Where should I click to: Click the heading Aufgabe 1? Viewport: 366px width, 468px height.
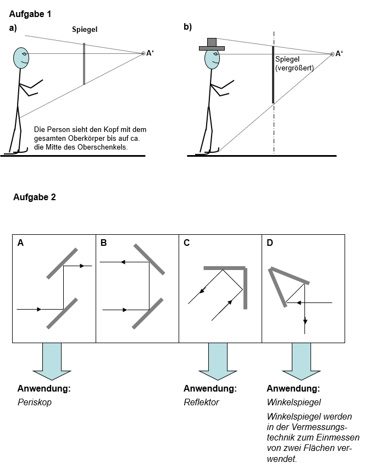[30, 14]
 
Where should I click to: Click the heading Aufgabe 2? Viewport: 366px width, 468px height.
[34, 197]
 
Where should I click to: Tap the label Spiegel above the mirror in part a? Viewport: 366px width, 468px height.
[85, 30]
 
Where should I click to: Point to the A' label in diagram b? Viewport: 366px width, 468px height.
[339, 53]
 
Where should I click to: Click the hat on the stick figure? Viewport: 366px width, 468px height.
[212, 45]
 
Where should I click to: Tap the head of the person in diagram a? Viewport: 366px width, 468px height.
[21, 58]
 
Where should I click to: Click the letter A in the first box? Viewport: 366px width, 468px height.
[21, 243]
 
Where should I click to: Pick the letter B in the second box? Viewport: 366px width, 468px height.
[103, 243]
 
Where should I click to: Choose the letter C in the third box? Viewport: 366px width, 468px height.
[187, 243]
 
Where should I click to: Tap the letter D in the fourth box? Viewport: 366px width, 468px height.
[270, 243]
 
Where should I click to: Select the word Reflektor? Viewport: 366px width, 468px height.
[202, 403]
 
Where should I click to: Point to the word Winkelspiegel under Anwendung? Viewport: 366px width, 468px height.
[293, 403]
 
